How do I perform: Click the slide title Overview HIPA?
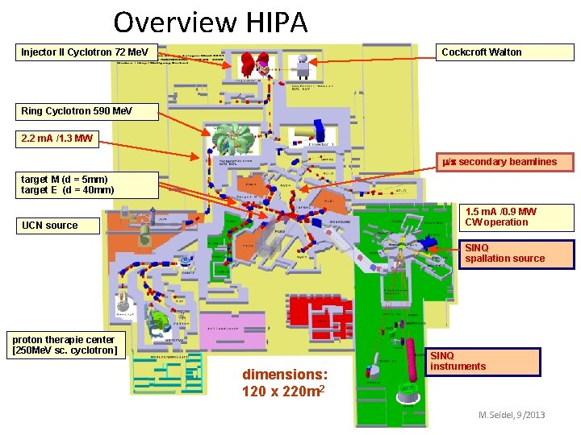click(x=211, y=22)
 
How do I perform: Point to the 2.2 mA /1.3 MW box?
click(x=57, y=139)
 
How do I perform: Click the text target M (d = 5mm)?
click(x=65, y=179)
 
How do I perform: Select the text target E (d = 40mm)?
click(x=68, y=190)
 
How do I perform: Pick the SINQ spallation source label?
click(x=516, y=253)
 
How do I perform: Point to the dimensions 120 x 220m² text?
click(x=285, y=383)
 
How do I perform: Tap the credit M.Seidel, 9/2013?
click(x=512, y=415)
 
